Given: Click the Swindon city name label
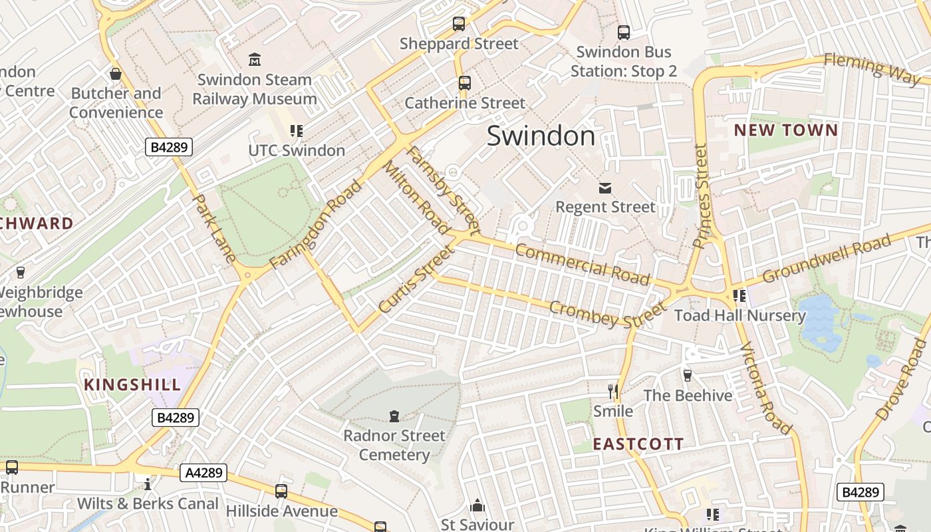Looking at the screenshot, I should [541, 136].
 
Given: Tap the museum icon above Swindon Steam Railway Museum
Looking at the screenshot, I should [254, 60].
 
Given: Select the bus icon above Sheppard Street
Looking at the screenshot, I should [459, 24].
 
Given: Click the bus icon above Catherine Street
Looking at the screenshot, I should [465, 83].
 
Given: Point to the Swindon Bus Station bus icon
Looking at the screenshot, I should [623, 32].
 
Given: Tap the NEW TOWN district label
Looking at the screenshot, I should [785, 130].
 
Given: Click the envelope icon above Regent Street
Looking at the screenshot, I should [605, 188].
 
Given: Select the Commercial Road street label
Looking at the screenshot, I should [582, 263].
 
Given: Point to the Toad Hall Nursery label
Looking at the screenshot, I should [739, 315].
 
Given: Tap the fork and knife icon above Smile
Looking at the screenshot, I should [613, 391].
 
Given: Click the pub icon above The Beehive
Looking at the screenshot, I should [688, 376].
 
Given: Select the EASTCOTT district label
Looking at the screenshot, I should [638, 444].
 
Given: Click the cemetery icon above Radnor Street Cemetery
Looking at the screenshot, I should [394, 416].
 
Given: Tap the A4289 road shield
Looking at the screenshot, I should [203, 473].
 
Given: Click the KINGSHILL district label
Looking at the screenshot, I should [132, 384].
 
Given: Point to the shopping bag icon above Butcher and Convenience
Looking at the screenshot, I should [116, 74].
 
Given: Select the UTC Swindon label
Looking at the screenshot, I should [297, 150].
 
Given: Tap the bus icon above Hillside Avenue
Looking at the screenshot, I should [281, 491].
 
